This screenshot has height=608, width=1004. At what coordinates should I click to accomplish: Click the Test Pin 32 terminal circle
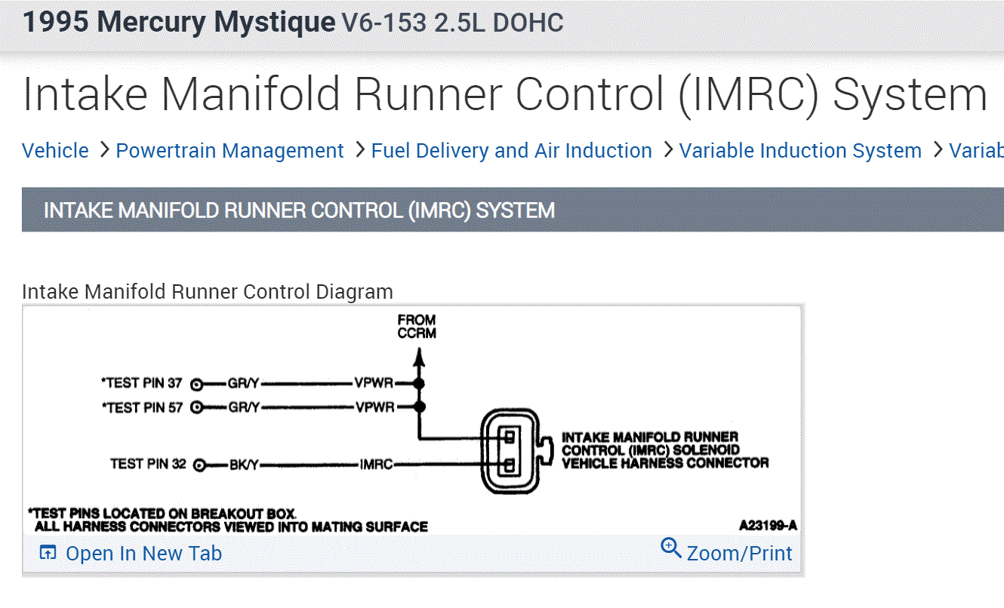pyautogui.click(x=200, y=465)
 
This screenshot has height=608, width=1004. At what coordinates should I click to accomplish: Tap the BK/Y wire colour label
pyautogui.click(x=244, y=465)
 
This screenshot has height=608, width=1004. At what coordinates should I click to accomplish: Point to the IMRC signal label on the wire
pyautogui.click(x=376, y=465)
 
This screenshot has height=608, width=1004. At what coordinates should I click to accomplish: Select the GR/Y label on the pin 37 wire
pyautogui.click(x=243, y=383)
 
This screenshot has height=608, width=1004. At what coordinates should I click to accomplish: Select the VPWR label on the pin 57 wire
pyautogui.click(x=374, y=407)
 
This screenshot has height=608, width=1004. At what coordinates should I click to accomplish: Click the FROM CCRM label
pyautogui.click(x=417, y=327)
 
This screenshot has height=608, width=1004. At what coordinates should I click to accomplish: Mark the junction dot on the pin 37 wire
pyautogui.click(x=419, y=383)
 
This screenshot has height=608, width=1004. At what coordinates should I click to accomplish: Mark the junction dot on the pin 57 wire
pyautogui.click(x=419, y=407)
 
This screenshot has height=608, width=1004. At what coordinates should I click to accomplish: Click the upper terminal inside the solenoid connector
pyautogui.click(x=510, y=437)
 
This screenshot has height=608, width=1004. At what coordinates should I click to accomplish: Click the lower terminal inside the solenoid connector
pyautogui.click(x=510, y=464)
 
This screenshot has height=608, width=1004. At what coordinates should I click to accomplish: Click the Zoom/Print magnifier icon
pyautogui.click(x=670, y=547)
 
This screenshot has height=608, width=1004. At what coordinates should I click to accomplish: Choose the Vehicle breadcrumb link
pyautogui.click(x=55, y=151)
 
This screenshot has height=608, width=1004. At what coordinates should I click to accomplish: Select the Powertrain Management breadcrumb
pyautogui.click(x=229, y=151)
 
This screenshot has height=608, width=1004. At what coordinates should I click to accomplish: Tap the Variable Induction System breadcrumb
pyautogui.click(x=799, y=151)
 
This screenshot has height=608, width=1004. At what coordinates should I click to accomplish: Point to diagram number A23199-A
pyautogui.click(x=768, y=525)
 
